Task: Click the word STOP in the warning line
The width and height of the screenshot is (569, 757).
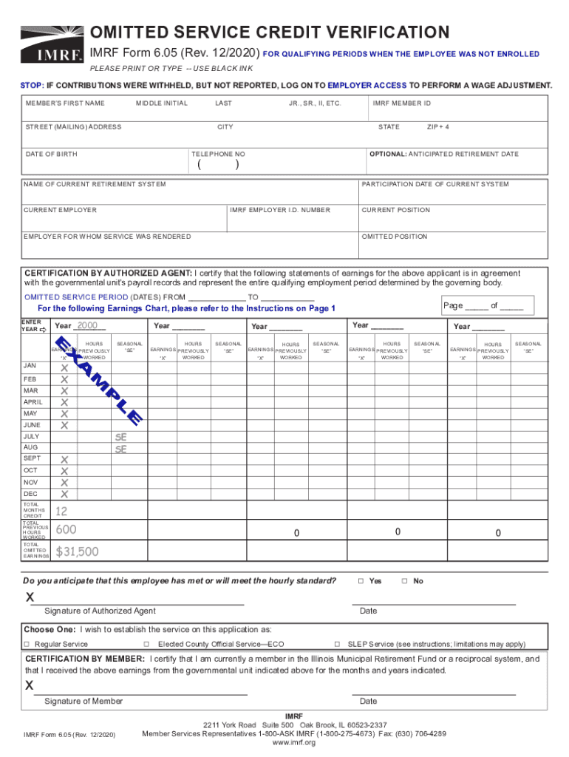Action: coord(32,86)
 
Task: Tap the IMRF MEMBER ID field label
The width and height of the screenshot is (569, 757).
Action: coord(402,103)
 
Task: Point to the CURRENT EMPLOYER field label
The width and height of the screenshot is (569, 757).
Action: coord(60,210)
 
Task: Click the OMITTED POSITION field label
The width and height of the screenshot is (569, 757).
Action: coord(394,237)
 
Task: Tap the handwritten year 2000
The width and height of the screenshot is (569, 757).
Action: coord(87,326)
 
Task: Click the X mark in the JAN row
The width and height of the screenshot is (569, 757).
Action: coord(64,367)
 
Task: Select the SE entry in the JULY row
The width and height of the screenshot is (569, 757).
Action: coord(121,437)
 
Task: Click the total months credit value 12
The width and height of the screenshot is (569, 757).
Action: coord(62,512)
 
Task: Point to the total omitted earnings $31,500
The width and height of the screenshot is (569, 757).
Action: coord(77,551)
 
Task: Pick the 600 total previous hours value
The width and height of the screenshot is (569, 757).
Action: coord(66,529)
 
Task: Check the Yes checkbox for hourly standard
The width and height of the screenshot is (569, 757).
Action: coord(361,581)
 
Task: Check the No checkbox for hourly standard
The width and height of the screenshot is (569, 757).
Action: coord(404,581)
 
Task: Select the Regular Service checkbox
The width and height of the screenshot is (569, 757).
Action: coord(27,644)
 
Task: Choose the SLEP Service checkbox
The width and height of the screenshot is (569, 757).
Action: coord(338,644)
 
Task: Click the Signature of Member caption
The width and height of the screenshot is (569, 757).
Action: coord(84,701)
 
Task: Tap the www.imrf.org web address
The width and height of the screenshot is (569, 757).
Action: coord(293,742)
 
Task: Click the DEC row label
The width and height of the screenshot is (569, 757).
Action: coord(30,494)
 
